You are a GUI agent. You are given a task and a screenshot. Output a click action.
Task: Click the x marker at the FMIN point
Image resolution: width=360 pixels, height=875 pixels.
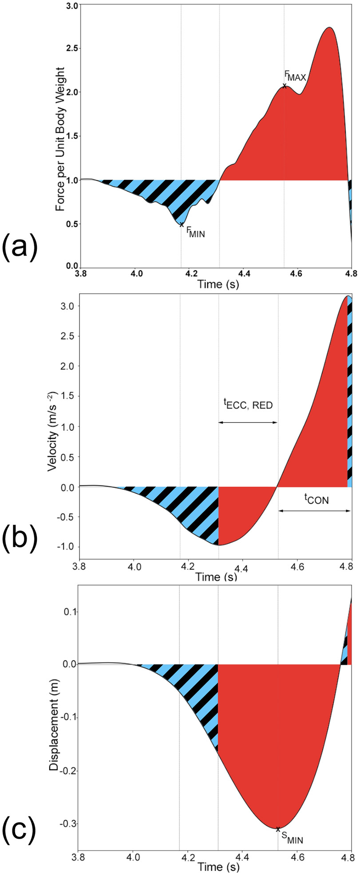point(182,225)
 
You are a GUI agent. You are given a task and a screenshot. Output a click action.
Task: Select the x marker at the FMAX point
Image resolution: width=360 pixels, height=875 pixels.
point(284,86)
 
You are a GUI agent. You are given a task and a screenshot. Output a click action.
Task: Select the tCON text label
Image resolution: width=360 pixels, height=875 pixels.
point(313,499)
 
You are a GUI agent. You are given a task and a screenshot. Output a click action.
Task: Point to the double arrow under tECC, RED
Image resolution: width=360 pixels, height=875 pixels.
point(248,422)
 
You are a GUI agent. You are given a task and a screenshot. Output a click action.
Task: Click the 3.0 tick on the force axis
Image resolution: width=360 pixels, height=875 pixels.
point(72,6)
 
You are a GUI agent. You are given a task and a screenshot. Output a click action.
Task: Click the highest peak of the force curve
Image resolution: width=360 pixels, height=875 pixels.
point(329,28)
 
